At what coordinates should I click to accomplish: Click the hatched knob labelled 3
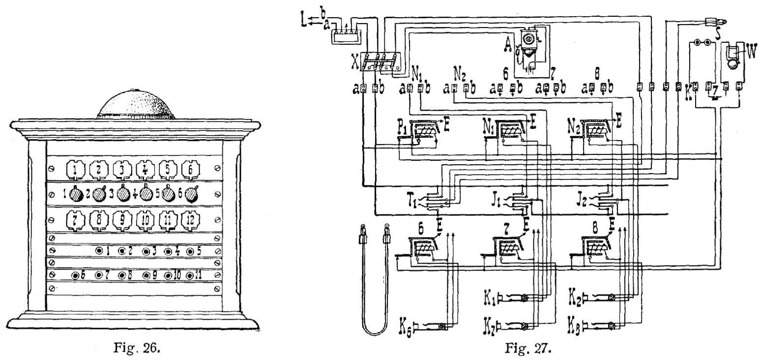coord(123,194)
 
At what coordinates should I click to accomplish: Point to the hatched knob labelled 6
coord(191,194)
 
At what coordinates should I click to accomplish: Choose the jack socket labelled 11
coord(190,275)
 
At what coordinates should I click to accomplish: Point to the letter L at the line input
coord(305,22)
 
